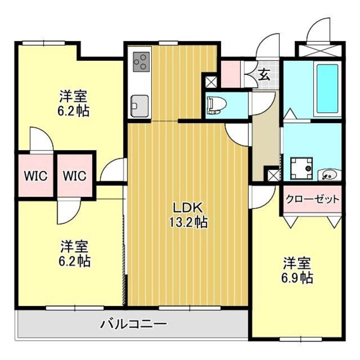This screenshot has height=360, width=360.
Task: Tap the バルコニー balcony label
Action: coord(133,325)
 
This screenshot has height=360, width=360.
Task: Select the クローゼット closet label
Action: coord(312,199)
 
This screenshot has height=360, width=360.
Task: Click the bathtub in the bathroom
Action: coord(327,88)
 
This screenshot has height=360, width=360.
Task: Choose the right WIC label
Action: coord(75,175)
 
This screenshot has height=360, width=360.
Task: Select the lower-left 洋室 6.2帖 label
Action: coord(74,254)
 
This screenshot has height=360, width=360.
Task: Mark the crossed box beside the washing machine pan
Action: coord(272,174)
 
